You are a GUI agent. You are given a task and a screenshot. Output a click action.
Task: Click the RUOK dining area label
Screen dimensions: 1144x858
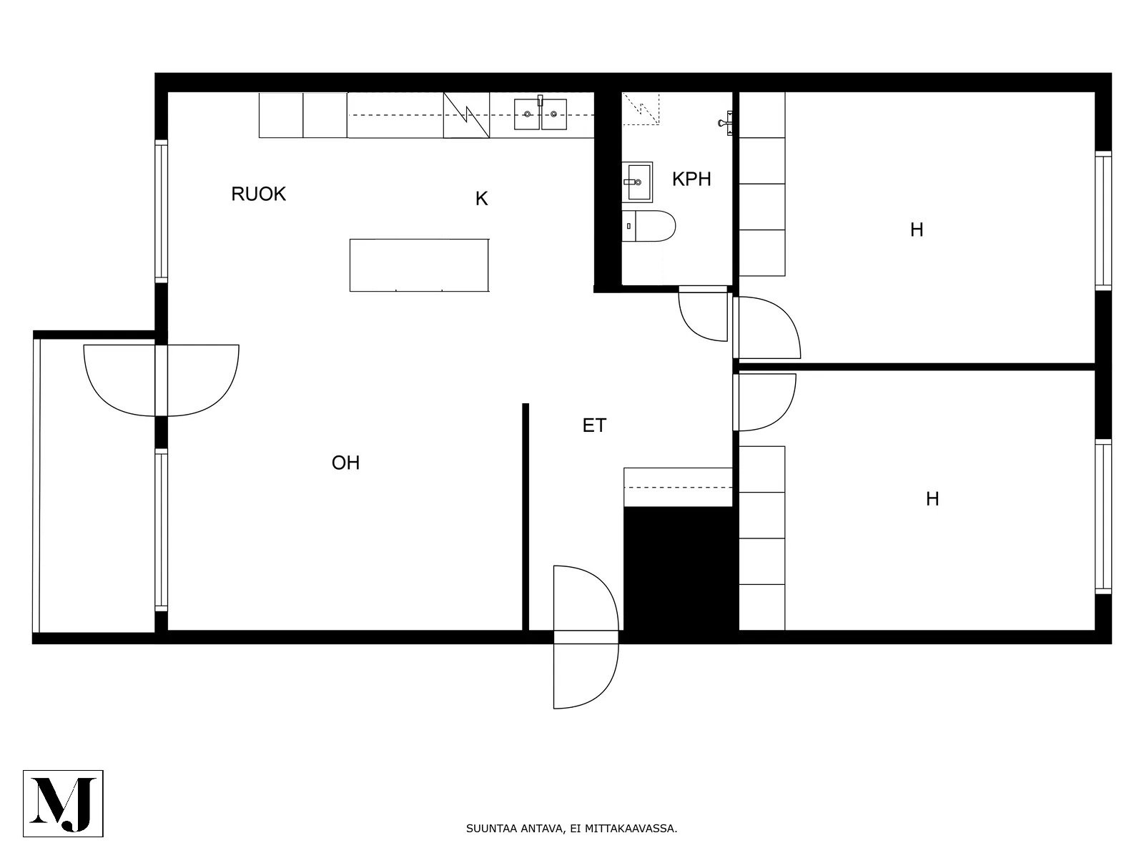coord(259,194)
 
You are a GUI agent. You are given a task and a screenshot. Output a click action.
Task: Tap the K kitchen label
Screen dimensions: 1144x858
coord(482,199)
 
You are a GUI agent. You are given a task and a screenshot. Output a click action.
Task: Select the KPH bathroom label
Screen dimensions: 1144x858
coord(691,179)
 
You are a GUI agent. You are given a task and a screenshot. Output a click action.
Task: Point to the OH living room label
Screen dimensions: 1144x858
coord(345,463)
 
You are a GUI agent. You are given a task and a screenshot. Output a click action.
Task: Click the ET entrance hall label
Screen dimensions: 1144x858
coord(594,425)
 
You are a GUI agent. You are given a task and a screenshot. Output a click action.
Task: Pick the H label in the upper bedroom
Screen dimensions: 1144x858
coord(917,230)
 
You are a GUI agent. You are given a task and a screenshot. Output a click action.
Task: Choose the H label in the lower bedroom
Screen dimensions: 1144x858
coord(932,499)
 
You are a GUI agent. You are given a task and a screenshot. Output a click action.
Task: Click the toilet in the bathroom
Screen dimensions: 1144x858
coord(649,226)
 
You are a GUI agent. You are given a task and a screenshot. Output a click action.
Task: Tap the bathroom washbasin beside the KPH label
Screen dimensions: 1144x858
coord(637,182)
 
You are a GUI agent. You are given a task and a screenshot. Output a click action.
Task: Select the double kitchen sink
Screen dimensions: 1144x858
coord(541,114)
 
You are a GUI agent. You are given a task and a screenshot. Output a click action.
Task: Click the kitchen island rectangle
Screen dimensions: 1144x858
coord(419,265)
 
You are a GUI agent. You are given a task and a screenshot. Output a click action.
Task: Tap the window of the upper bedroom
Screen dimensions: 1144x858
coord(1103,220)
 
